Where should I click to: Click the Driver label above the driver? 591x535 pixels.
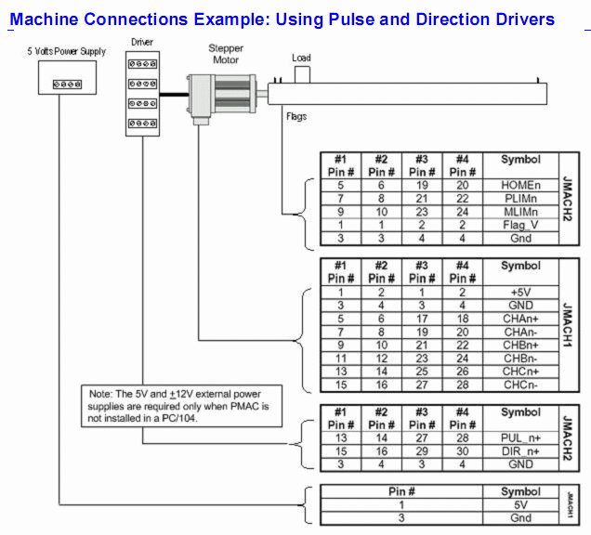point(142,42)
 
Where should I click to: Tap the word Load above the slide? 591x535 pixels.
point(301,58)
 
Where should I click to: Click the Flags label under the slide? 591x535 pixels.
point(296,117)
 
